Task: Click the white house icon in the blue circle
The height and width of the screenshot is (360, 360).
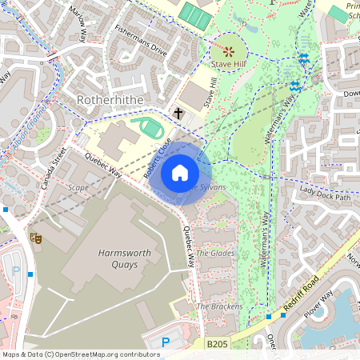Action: click(179, 172)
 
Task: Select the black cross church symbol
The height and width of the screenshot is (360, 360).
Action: click(178, 114)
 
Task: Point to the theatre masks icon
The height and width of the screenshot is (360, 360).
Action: click(34, 238)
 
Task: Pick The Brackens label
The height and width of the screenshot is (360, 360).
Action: click(214, 306)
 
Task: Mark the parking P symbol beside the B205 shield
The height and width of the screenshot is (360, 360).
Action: click(166, 342)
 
